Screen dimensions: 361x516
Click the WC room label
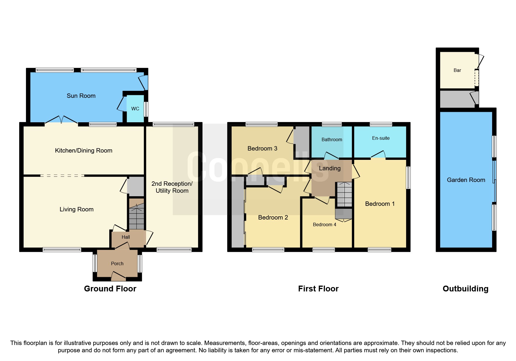click(x=135, y=109)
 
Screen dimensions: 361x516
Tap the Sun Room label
click(x=81, y=96)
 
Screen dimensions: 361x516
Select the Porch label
click(x=117, y=263)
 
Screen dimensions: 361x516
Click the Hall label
click(x=126, y=237)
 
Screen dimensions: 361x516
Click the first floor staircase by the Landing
click(x=344, y=194)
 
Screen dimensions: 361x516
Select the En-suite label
click(x=381, y=138)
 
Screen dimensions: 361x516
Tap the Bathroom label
click(x=332, y=139)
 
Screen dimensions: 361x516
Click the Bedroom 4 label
click(x=324, y=224)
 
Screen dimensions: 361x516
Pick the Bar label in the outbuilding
click(x=457, y=70)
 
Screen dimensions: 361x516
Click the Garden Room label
click(x=466, y=180)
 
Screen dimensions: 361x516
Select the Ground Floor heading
click(x=110, y=289)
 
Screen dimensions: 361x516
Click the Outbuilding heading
click(x=465, y=289)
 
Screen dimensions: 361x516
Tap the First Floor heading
click(x=318, y=289)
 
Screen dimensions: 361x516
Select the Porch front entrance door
click(x=118, y=276)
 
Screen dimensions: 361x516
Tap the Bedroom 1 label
click(x=380, y=204)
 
